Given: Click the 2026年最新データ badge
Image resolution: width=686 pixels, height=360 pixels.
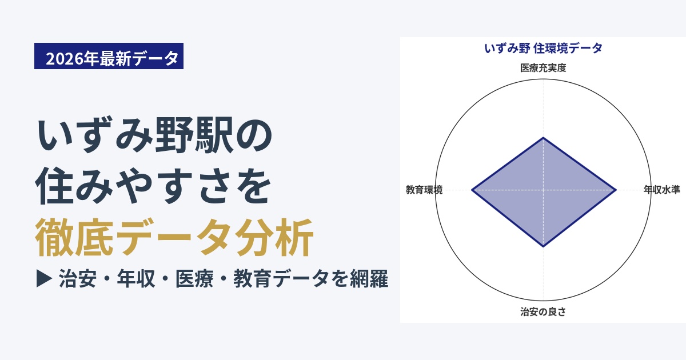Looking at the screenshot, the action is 109,56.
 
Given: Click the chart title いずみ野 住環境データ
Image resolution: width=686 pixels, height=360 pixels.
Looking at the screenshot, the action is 543,49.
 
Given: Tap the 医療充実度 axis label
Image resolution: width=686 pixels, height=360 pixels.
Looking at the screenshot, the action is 543,67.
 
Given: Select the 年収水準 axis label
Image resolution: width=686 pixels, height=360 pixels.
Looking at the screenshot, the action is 661,190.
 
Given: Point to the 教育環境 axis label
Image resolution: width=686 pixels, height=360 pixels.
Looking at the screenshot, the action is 424,190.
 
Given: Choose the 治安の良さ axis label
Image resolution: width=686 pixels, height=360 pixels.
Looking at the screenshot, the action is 543,311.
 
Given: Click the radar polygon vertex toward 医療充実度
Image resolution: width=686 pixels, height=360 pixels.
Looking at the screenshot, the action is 543,138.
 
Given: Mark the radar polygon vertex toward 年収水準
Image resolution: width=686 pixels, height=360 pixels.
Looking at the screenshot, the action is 616,190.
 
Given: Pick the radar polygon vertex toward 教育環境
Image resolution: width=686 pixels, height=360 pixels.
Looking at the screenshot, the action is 472,190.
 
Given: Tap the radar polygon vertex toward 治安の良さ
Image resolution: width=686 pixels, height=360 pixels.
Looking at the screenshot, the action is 543,246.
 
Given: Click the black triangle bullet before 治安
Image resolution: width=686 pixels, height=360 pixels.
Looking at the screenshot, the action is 44,278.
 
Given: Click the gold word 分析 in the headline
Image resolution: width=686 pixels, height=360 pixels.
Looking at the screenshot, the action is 274,237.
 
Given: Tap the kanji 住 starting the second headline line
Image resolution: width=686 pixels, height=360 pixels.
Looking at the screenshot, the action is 54,186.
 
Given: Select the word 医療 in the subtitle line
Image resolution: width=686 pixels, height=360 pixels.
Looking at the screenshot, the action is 194,279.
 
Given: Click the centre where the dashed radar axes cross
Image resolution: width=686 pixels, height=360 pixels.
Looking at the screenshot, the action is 543,190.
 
